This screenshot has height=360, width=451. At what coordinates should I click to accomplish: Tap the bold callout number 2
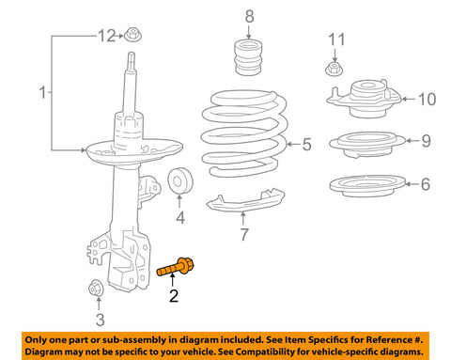click(172, 298)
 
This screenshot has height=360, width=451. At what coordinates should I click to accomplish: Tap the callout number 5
click(306, 144)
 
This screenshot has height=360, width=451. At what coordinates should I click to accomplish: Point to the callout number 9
click(426, 141)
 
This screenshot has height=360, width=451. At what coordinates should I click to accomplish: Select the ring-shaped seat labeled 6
click(366, 184)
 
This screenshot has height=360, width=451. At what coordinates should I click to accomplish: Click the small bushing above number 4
click(179, 181)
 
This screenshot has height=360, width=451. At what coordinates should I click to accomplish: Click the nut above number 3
click(95, 288)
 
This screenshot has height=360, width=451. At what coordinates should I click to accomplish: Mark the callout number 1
click(40, 93)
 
